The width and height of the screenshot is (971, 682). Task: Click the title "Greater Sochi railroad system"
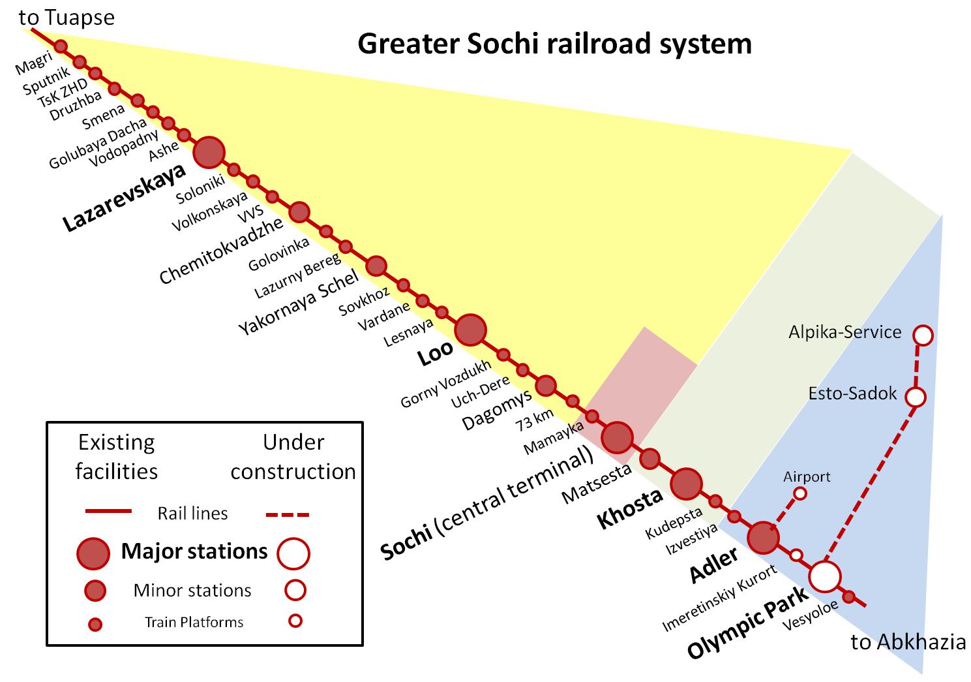[x=554, y=44]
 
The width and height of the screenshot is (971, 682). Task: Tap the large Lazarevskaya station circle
[x=209, y=152]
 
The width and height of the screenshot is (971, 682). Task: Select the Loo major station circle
[x=470, y=330]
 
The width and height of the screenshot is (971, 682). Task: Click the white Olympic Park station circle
[x=825, y=576]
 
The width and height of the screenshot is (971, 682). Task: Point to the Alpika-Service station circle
[x=923, y=335]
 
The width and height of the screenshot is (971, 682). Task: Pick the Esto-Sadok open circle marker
[x=916, y=397]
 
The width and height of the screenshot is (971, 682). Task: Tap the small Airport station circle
[x=799, y=493]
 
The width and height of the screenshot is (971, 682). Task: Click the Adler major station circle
[x=763, y=538]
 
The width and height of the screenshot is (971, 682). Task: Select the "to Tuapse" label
[x=67, y=18]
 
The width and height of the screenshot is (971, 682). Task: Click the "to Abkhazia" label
[x=908, y=642]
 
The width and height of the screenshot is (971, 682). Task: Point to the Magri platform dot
[x=61, y=46]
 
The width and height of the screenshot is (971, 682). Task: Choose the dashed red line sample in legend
[x=288, y=514]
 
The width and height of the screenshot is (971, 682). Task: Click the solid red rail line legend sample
[x=108, y=511]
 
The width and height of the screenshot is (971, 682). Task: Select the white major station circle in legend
[x=293, y=553]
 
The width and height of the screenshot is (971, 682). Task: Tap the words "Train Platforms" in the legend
[x=194, y=622]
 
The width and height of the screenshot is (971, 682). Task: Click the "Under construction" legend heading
[x=293, y=457]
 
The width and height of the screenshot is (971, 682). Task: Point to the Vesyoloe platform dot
[x=849, y=597]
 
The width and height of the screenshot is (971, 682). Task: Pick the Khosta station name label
[x=629, y=508]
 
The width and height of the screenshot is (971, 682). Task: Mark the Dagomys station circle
[x=546, y=385]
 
